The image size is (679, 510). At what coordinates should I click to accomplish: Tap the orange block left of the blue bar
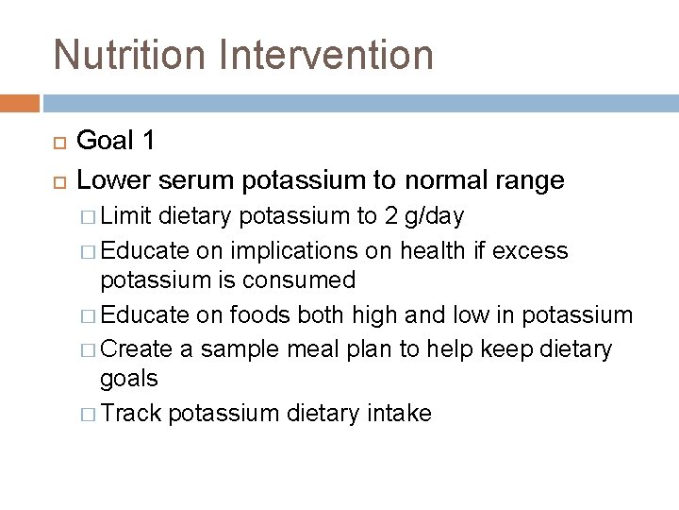[20, 102]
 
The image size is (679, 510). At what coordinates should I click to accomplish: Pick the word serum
[201, 179]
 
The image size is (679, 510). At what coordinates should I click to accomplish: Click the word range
[531, 179]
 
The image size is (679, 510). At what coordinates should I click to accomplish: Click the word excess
[533, 250]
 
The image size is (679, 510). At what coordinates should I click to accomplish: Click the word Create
[136, 348]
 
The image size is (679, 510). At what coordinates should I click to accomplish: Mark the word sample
[230, 348]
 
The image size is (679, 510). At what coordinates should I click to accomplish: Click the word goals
[129, 379]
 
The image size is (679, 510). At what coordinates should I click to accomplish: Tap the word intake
[397, 413]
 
